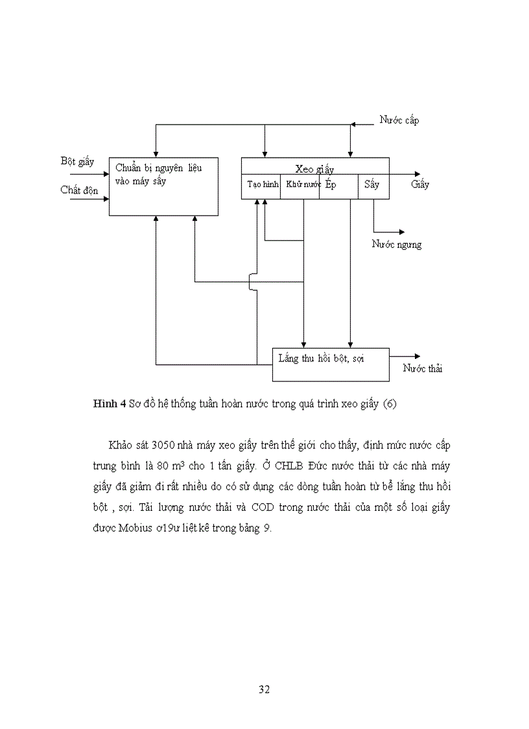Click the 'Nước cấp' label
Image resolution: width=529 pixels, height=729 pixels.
[x=399, y=120]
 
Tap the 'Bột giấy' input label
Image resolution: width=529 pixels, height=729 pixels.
[x=77, y=161]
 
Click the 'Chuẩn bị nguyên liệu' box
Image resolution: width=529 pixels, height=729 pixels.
[x=163, y=186]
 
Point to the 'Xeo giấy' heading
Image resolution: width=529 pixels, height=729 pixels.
[x=314, y=169]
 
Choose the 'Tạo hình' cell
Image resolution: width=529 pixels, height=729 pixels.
[x=263, y=184]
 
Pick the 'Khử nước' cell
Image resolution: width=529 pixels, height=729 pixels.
[x=303, y=184]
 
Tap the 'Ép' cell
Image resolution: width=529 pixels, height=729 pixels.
[x=331, y=184]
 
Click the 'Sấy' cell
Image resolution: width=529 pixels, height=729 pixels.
[x=371, y=184]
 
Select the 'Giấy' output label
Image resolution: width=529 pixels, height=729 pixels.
[x=420, y=184]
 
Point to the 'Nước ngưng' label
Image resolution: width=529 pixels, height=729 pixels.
[x=396, y=244]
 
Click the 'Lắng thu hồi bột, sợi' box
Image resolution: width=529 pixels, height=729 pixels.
[x=331, y=364]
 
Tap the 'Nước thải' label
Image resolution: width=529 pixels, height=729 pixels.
[x=423, y=369]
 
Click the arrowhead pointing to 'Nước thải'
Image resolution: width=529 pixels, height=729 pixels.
[x=417, y=356]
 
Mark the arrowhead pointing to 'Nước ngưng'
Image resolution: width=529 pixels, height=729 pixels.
[x=401, y=232]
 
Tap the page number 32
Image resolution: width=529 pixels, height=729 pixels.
[x=264, y=689]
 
